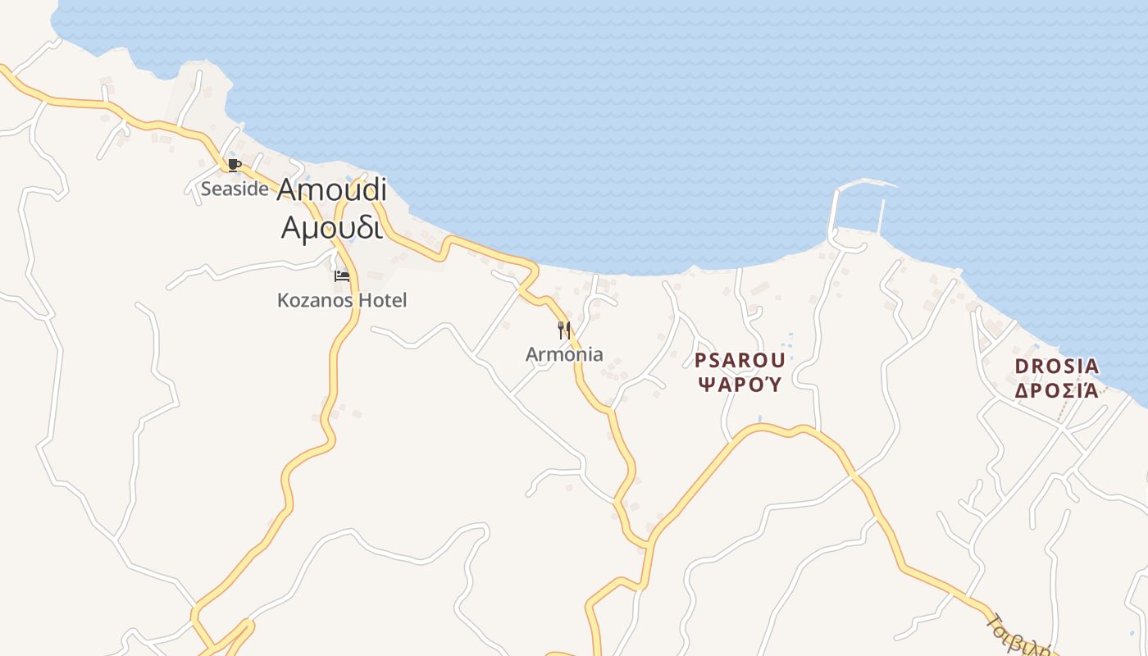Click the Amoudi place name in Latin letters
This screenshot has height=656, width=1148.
pos(331,189)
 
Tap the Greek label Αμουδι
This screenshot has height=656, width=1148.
pos(331,227)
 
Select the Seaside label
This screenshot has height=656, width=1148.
pos(235,189)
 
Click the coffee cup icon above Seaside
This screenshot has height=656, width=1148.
pos(234,165)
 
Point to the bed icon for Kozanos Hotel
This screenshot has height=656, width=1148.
pos(341,276)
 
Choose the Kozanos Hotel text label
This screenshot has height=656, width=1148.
pos(342,300)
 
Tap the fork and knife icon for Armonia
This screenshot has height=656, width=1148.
pos(564,330)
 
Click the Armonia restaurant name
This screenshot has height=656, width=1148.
pos(564,355)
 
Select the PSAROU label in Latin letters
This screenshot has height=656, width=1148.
pos(740,360)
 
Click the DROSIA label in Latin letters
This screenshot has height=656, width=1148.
pos(1056,367)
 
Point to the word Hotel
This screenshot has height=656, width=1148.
pos(381,300)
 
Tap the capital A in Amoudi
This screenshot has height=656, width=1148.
pos(287,189)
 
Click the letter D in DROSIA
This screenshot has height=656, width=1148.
pos(1022,367)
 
